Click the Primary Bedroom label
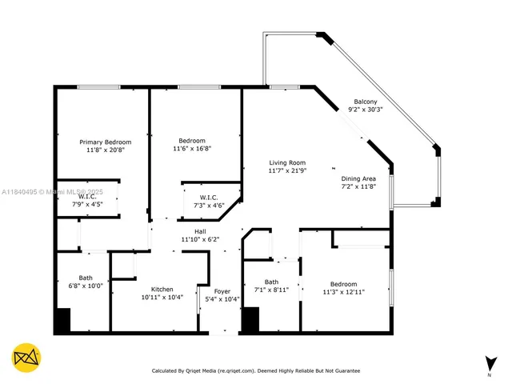(105, 142)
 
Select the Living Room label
(287, 162)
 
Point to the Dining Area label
(358, 178)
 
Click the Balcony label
(366, 102)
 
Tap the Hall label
(188, 230)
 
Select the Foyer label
(222, 290)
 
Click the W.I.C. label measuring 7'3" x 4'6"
(209, 197)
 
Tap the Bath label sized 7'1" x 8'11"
(271, 281)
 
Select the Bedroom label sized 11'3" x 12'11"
(345, 284)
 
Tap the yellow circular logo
(27, 357)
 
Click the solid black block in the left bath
(62, 320)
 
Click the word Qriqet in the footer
(196, 371)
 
